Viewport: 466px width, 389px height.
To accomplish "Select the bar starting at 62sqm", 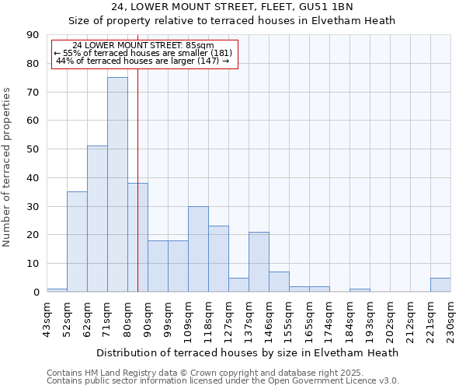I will [97, 219].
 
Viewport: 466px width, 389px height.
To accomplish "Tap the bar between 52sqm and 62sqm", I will [77, 241].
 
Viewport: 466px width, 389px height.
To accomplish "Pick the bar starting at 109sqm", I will [198, 249].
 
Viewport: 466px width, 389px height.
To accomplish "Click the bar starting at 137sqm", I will [259, 261].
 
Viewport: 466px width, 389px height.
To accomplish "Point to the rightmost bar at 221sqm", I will [440, 285].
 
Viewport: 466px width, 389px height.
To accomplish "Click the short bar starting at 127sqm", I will [238, 285].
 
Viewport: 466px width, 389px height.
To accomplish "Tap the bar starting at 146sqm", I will [279, 282].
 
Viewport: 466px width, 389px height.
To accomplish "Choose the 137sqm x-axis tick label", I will [249, 318].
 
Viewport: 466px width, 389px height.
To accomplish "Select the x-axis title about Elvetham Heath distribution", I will [248, 352].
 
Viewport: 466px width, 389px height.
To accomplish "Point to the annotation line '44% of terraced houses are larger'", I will [143, 61].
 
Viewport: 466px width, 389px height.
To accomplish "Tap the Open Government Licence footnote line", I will [223, 381].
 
